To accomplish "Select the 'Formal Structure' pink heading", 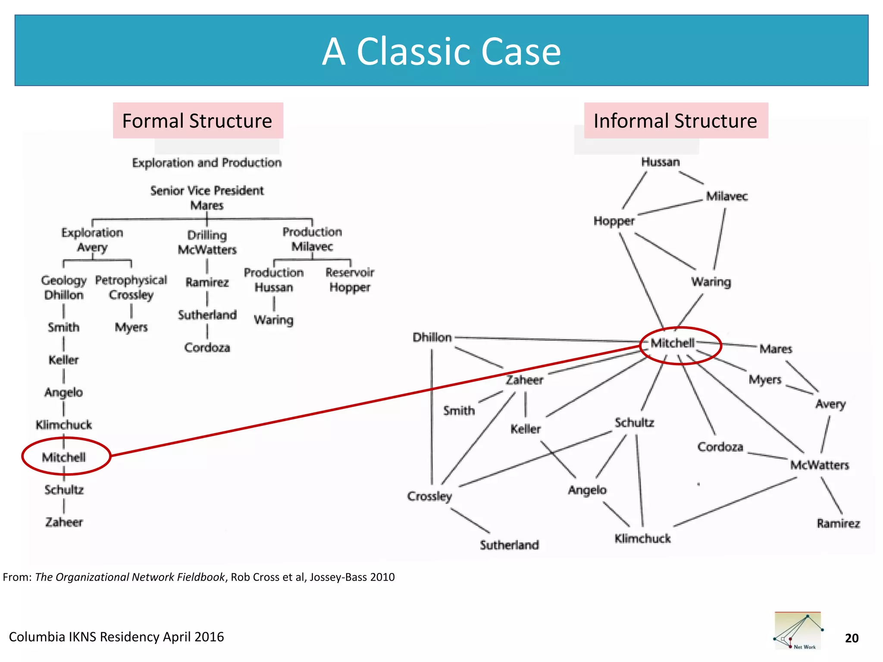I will pyautogui.click(x=197, y=121).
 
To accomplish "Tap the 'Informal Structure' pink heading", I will pyautogui.click(x=675, y=121).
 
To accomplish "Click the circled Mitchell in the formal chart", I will pyautogui.click(x=64, y=457).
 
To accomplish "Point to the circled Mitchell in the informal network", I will pyautogui.click(x=673, y=343).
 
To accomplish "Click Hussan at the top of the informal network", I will pyautogui.click(x=660, y=162).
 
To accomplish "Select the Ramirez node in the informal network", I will pyautogui.click(x=838, y=523).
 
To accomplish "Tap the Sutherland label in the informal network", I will pyautogui.click(x=509, y=545).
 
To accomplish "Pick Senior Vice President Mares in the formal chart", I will pyautogui.click(x=207, y=198).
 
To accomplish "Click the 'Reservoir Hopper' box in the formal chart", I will pyautogui.click(x=350, y=280).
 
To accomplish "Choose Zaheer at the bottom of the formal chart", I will pyautogui.click(x=64, y=522).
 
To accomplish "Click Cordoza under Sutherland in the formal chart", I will pyautogui.click(x=207, y=347).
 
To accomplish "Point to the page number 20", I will pyautogui.click(x=852, y=638).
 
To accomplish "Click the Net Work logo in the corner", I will pyautogui.click(x=798, y=631).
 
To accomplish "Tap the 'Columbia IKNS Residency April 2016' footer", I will pyautogui.click(x=116, y=637).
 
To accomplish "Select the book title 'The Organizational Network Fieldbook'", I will pyautogui.click(x=130, y=577).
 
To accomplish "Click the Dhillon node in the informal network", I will pyautogui.click(x=432, y=337).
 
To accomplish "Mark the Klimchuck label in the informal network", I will pyautogui.click(x=642, y=538).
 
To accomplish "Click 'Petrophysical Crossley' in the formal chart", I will pyautogui.click(x=131, y=287).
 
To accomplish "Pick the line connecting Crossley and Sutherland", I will pyautogui.click(x=470, y=521).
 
